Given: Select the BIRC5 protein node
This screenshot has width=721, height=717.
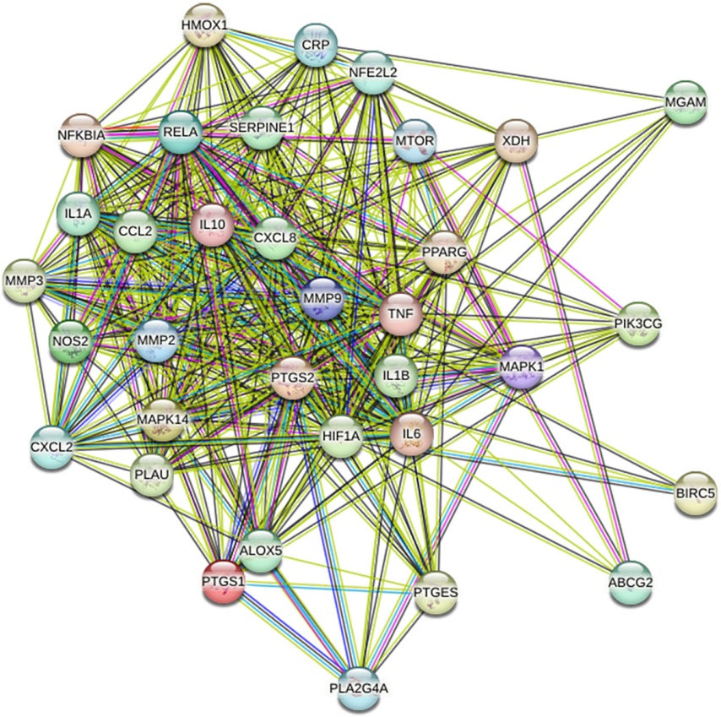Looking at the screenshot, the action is click(696, 492).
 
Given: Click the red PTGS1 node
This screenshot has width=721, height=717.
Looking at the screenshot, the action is click(224, 581).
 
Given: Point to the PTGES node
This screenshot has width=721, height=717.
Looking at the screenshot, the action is click(436, 593).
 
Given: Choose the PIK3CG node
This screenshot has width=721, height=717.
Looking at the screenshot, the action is click(638, 323).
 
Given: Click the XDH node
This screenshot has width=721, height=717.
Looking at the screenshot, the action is click(515, 139).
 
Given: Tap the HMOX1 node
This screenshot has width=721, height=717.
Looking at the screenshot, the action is click(203, 25).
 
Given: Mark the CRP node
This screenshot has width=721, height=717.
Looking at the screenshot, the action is click(317, 42).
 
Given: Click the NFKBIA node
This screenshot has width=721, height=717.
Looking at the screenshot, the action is click(81, 133).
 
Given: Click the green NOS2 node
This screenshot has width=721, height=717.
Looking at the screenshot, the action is click(70, 340).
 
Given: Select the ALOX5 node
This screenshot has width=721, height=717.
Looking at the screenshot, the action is click(260, 550).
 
